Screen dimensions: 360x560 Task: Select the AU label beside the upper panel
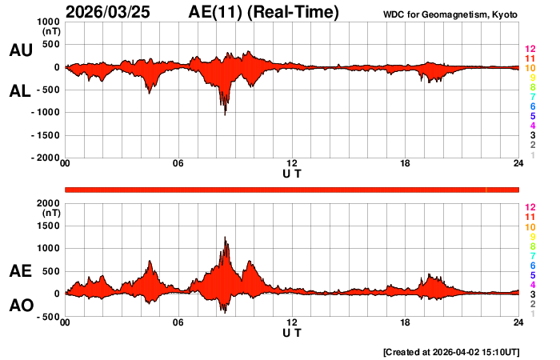tap(20, 50)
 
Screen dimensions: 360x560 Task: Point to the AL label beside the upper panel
tap(20, 91)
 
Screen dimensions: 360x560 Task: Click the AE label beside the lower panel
tap(20, 271)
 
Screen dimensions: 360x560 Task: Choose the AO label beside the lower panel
tap(20, 306)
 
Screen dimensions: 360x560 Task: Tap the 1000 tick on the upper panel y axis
tap(49, 22)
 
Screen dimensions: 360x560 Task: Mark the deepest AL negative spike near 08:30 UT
tap(225, 114)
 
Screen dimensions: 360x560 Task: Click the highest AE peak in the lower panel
tap(226, 238)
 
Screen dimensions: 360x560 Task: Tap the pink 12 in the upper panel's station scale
tap(530, 49)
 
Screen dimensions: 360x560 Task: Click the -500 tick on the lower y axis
tap(49, 316)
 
